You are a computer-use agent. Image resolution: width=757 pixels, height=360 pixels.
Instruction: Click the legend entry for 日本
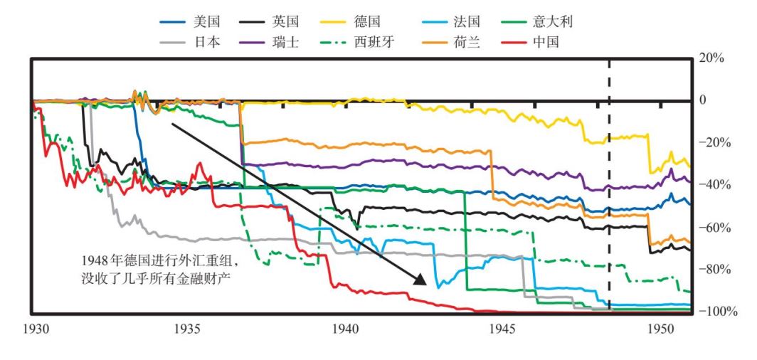[195, 41]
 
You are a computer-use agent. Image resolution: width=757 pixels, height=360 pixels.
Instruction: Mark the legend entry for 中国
[547, 41]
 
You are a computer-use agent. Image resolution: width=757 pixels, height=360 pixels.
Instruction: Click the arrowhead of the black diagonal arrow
[420, 278]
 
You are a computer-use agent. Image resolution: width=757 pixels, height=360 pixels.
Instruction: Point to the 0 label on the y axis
[704, 100]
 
